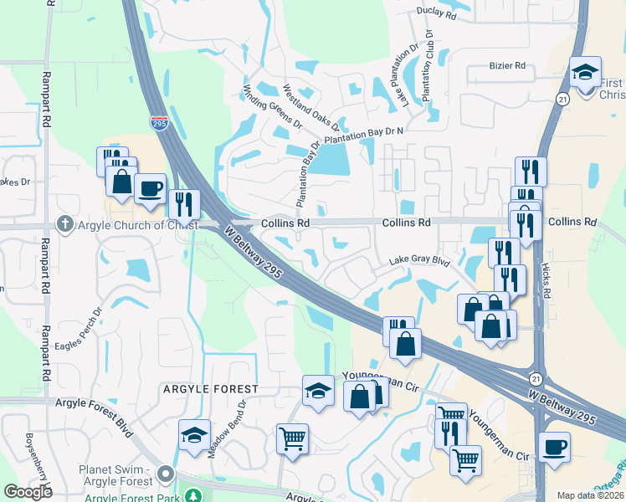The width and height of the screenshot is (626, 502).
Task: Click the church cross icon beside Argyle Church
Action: pyautogui.click(x=65, y=223)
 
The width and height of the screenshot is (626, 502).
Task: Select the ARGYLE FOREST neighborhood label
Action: pyautogui.click(x=211, y=390)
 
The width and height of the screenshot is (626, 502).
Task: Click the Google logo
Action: pyautogui.click(x=28, y=492)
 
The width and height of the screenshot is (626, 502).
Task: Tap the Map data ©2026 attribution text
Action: pyautogui.click(x=589, y=495)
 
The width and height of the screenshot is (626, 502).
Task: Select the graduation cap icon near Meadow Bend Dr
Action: pyautogui.click(x=193, y=435)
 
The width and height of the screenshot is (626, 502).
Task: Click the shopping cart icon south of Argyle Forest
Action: pyautogui.click(x=292, y=438)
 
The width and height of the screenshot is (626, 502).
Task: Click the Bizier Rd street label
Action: pyautogui.click(x=507, y=65)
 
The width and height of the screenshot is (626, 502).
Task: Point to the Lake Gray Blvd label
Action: pyautogui.click(x=418, y=262)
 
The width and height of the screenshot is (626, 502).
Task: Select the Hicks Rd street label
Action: pyautogui.click(x=546, y=277)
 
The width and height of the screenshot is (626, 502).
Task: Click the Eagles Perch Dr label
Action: pyautogui.click(x=78, y=332)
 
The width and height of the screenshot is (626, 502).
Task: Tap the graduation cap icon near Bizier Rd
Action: pyautogui.click(x=585, y=72)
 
